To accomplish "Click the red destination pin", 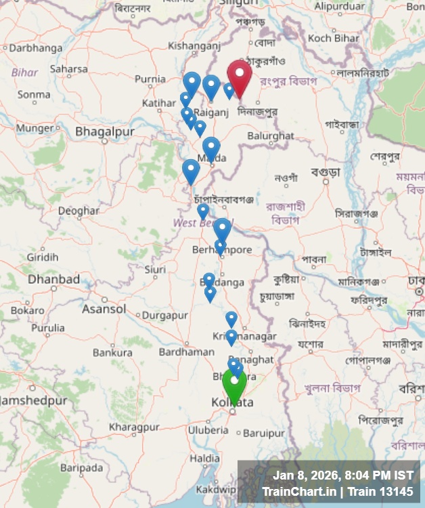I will pyautogui.click(x=240, y=76).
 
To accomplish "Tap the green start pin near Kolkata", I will pyautogui.click(x=234, y=385).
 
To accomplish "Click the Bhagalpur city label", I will pyautogui.click(x=105, y=131).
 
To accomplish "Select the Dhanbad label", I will pyautogui.click(x=53, y=279).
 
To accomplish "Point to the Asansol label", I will pyautogui.click(x=104, y=309).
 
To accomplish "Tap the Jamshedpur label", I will pyautogui.click(x=34, y=400).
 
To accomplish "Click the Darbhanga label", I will pyautogui.click(x=35, y=48).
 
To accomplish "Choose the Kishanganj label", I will pyautogui.click(x=195, y=46).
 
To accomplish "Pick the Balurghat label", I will pyautogui.click(x=271, y=136).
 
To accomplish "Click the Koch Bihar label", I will pyautogui.click(x=334, y=38).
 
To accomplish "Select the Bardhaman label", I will pyautogui.click(x=187, y=352).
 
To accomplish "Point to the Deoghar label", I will pyautogui.click(x=78, y=211).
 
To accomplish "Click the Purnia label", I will pyautogui.click(x=150, y=79).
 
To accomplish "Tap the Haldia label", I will pyautogui.click(x=204, y=459).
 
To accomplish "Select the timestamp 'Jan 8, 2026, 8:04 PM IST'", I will pyautogui.click(x=343, y=475).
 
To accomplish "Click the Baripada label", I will pyautogui.click(x=81, y=467).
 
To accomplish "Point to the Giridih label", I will pyautogui.click(x=42, y=257).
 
